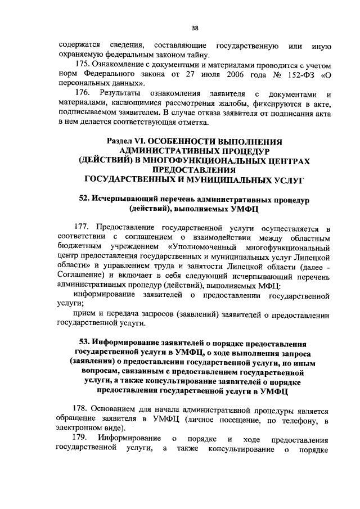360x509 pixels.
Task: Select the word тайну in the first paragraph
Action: click(x=195, y=55)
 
